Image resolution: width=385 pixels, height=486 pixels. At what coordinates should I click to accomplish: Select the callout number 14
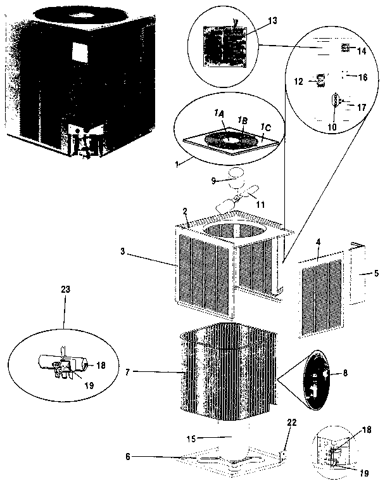click(x=362, y=50)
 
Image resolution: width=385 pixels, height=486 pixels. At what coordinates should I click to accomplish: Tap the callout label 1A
click(x=219, y=113)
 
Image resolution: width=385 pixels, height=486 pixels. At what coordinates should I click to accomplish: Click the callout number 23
click(x=66, y=288)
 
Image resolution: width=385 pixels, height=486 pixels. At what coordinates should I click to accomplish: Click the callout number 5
click(x=377, y=274)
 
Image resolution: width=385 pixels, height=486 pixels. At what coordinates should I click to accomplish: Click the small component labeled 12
click(x=321, y=80)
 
